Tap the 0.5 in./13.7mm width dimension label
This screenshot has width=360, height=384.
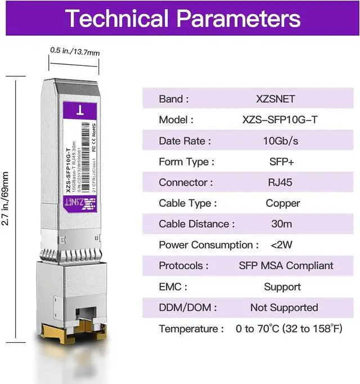pyautogui.click(x=74, y=52)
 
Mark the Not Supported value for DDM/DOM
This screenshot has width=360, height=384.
pyautogui.click(x=283, y=307)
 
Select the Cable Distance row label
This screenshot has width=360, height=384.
pyautogui.click(x=194, y=224)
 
